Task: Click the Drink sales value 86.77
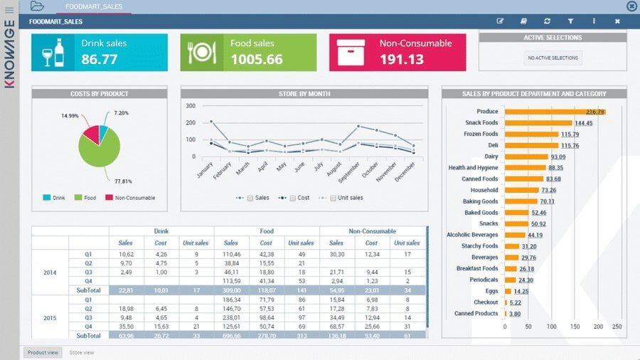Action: pos(100,60)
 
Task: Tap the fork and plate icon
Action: pos(201,52)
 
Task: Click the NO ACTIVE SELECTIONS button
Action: pos(553,58)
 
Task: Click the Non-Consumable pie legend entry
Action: pos(130,198)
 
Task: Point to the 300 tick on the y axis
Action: pos(191,105)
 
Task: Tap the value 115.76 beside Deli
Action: pos(570,145)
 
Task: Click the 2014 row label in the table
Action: pos(50,272)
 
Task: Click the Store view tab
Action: pos(81,352)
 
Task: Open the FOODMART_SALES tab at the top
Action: pos(93,6)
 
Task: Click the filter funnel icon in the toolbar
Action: pos(570,21)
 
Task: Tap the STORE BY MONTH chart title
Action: pos(304,93)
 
